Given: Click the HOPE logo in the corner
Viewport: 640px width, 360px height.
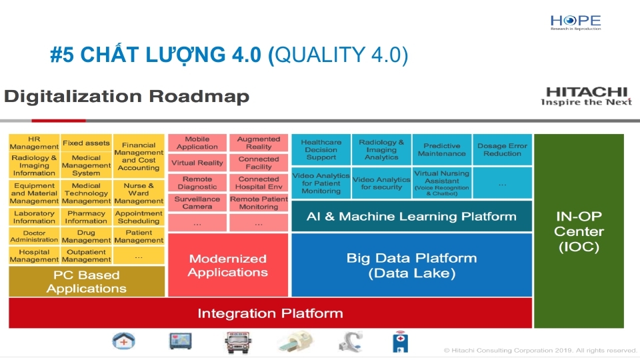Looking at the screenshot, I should point(575,22).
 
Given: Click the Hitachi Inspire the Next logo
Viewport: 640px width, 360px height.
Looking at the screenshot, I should point(585,97).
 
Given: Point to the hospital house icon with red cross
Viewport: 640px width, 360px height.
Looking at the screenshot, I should point(124,342).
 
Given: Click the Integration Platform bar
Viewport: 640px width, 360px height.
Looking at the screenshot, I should point(270,313).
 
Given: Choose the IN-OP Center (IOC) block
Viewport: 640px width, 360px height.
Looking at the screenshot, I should point(579,231).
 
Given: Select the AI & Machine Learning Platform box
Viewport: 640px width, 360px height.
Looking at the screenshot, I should point(411,217).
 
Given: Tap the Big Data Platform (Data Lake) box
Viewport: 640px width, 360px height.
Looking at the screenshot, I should point(411,265).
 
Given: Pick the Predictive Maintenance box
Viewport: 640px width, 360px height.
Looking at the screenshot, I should point(441,149).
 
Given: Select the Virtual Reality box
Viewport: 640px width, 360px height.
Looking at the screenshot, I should point(197,163).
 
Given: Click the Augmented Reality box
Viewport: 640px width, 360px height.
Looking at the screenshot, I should point(259,143).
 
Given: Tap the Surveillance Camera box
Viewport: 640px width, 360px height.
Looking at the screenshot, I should point(197,203).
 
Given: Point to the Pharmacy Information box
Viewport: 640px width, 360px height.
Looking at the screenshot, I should point(86,217).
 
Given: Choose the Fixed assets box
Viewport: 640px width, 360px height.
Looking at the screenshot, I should point(86,143).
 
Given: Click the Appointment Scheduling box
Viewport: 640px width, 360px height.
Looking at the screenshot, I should point(139,217).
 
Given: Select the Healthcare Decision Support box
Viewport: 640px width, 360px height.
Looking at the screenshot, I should point(321,149).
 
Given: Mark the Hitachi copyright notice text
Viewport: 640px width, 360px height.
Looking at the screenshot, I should point(540,350).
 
